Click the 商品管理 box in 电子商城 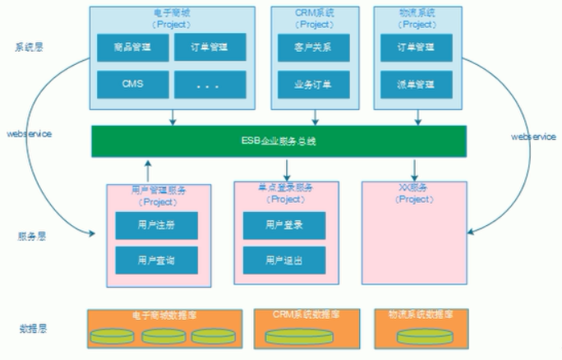point(133,48)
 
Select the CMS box point(133,84)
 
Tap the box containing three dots point(210,84)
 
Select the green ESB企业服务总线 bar point(279,141)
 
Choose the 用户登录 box point(284,224)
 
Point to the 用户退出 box point(284,261)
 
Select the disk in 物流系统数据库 point(414,336)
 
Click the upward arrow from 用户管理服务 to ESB point(148,170)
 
